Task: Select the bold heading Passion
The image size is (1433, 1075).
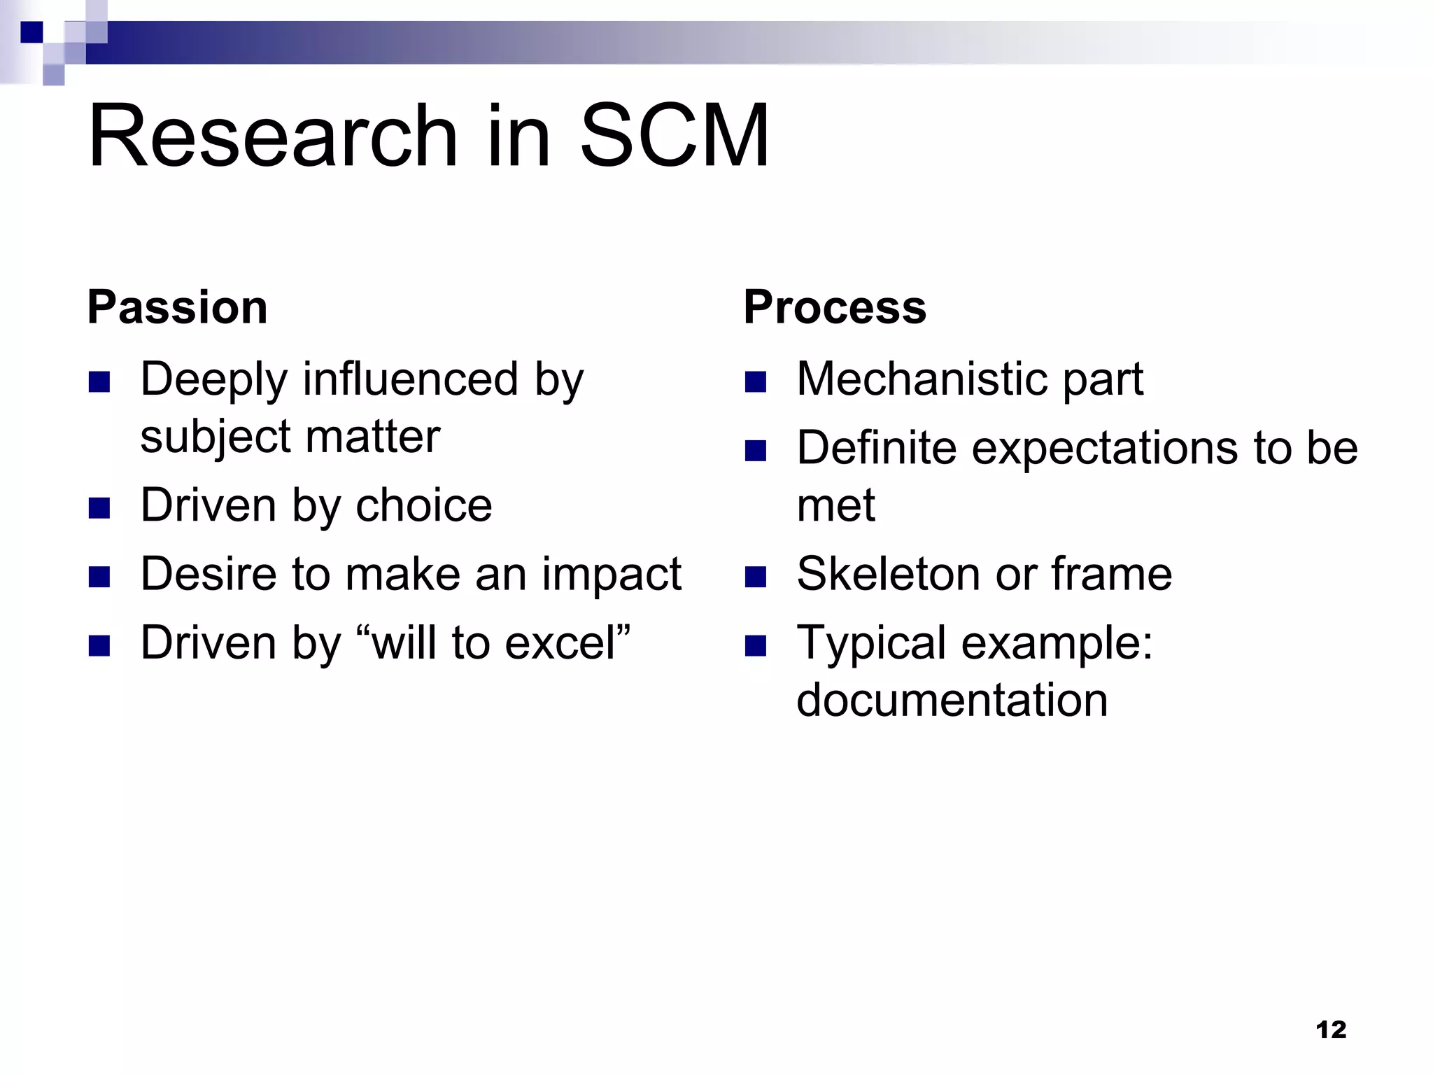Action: pyautogui.click(x=177, y=307)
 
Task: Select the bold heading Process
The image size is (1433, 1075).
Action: pyautogui.click(x=834, y=307)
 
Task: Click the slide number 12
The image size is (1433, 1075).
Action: pyautogui.click(x=1331, y=1030)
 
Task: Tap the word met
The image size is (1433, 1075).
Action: pyautogui.click(x=835, y=505)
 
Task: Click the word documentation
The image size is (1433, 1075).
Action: pyautogui.click(x=952, y=700)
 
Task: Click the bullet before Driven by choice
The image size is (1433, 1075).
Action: pyautogui.click(x=99, y=507)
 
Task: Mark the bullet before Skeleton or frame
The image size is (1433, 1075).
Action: pyautogui.click(x=756, y=577)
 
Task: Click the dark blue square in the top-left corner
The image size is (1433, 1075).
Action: pyautogui.click(x=31, y=32)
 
